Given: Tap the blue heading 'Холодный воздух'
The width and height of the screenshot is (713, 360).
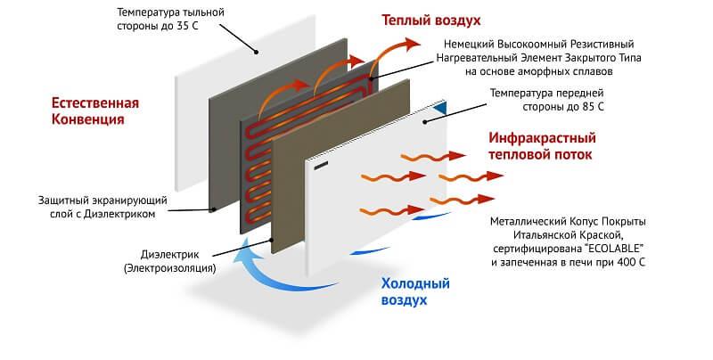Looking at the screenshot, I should tap(415, 291).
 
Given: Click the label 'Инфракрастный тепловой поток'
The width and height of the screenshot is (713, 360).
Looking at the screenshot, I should tap(542, 146).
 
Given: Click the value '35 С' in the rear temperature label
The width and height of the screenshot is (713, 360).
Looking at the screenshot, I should tap(200, 28).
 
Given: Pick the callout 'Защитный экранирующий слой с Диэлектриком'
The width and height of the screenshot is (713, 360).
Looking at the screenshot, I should tap(97, 207).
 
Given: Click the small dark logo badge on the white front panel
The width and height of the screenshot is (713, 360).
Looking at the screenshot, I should tap(322, 164).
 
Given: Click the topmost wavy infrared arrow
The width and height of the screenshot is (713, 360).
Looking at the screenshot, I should tap(432, 158).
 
